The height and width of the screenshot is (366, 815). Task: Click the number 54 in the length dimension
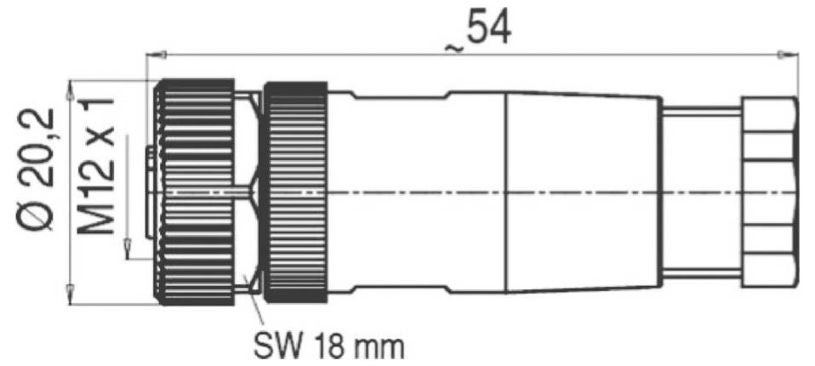[487, 29]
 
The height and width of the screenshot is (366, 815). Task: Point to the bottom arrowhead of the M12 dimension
[128, 251]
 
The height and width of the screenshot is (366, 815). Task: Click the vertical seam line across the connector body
[507, 192]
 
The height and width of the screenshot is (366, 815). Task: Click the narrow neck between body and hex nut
[702, 192]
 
